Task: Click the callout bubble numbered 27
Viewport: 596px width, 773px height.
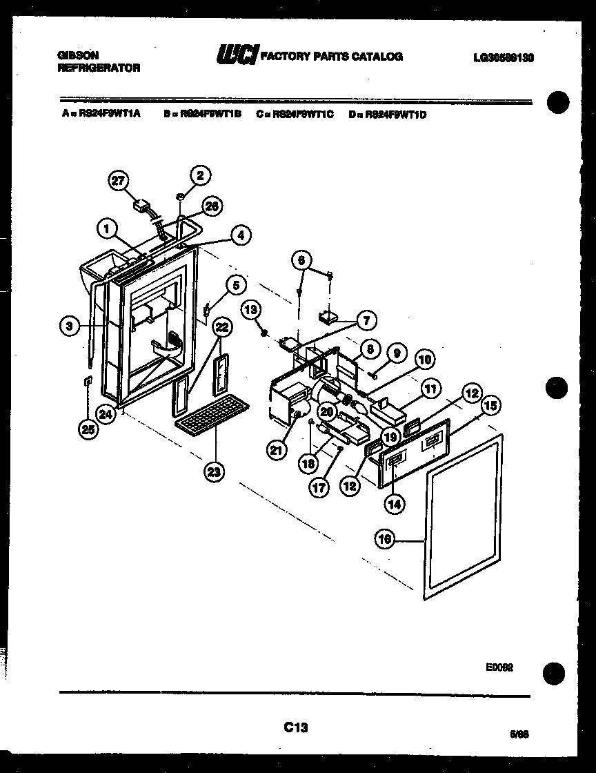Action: (119, 181)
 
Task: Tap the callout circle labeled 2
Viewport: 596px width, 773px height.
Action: (199, 175)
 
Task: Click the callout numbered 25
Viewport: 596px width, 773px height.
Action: (88, 430)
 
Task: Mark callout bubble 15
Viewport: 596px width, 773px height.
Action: (490, 406)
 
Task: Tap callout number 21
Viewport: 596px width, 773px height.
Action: (277, 449)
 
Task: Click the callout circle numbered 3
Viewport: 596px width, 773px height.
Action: (69, 326)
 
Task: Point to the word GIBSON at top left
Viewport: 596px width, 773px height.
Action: (77, 55)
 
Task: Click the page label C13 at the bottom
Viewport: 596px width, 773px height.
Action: (295, 727)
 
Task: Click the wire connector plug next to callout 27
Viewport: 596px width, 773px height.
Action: (143, 205)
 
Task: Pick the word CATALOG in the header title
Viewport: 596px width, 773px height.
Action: (378, 57)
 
